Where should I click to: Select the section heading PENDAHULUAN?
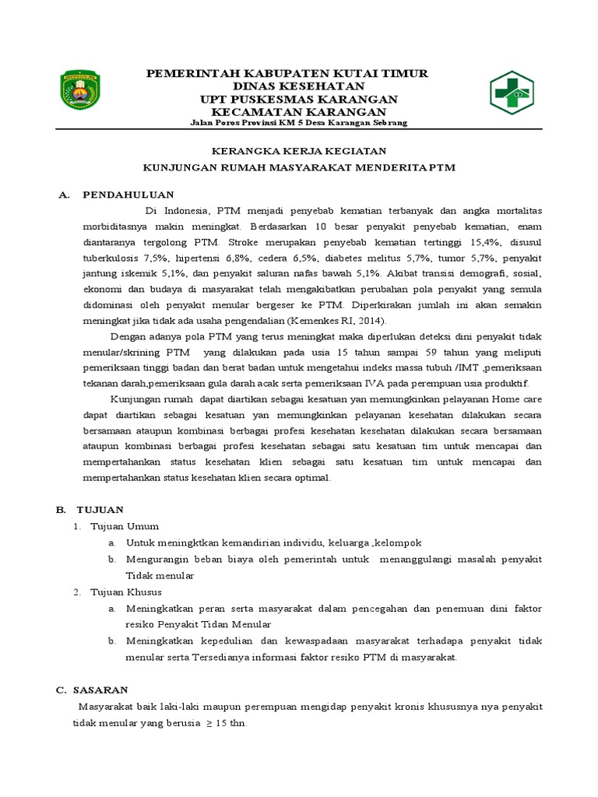[x=128, y=194]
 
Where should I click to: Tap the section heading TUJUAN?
[x=100, y=509]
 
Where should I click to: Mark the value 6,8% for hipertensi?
[x=243, y=257]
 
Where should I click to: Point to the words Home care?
[x=515, y=399]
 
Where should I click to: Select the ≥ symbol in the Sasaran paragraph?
[x=209, y=722]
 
